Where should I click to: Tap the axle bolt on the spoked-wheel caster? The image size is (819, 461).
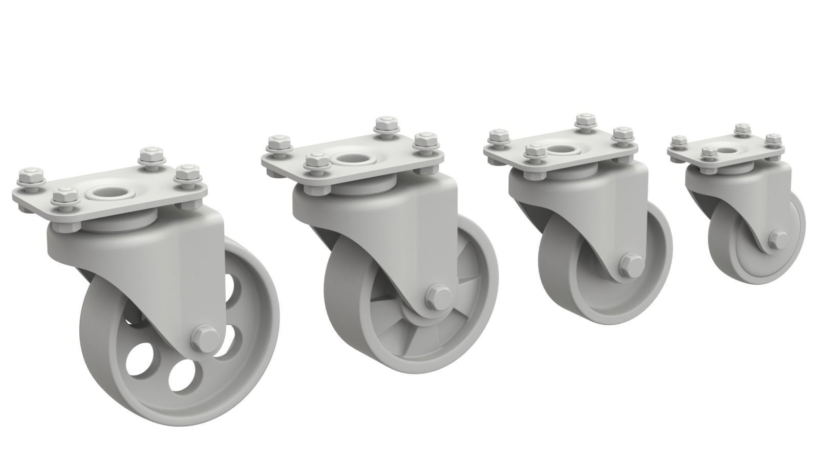pos(438,296)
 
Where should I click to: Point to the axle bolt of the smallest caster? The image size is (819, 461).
pos(778,238)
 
